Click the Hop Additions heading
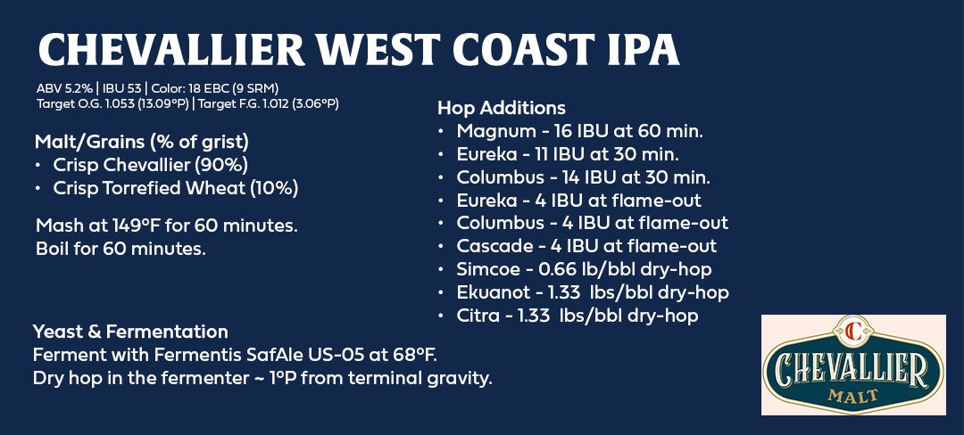(x=501, y=109)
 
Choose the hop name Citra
(x=478, y=316)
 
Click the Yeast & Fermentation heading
(x=130, y=332)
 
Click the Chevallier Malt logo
(x=853, y=365)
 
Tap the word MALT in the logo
(x=853, y=396)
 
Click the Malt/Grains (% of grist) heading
(x=142, y=143)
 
